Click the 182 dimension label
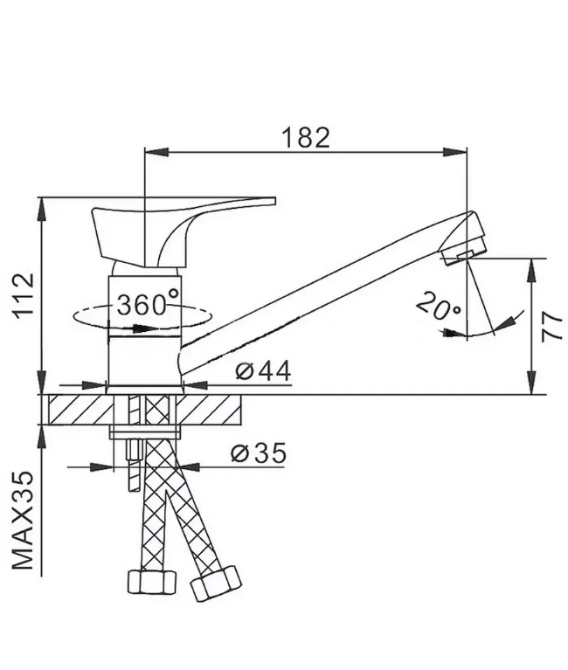pos(306,137)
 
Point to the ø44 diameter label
pos(263,370)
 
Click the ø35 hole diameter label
pos(259,453)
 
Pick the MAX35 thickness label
pos(23,520)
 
